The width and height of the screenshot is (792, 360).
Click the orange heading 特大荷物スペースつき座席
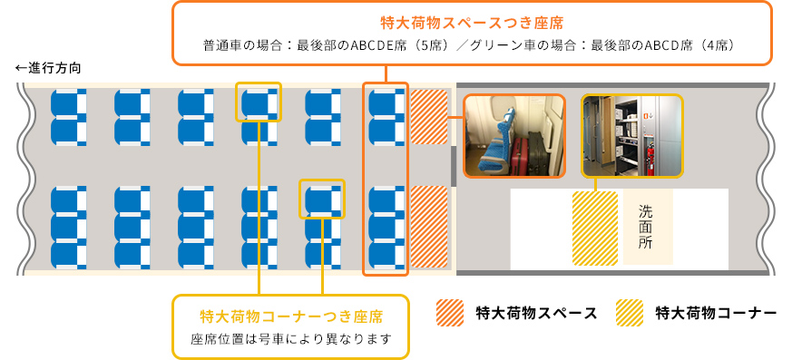click(x=472, y=24)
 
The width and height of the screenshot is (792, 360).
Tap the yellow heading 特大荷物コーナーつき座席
click(x=291, y=316)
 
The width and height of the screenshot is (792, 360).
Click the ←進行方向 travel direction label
click(x=48, y=68)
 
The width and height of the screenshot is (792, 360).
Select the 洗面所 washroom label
click(x=646, y=227)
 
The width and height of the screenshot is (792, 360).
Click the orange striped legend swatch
click(x=450, y=313)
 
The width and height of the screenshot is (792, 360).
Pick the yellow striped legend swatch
click(x=630, y=313)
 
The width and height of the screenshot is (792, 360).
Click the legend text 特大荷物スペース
click(x=536, y=313)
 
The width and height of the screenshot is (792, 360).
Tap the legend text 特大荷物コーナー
click(x=716, y=313)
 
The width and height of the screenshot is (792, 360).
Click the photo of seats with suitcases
click(x=514, y=136)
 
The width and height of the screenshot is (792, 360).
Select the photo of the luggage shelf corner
click(x=632, y=136)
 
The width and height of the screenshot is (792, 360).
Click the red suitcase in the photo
click(x=520, y=154)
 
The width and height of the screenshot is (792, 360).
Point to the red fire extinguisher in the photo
click(x=652, y=158)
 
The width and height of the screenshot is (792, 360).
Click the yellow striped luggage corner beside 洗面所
click(x=595, y=229)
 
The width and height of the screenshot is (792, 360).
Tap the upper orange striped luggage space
click(x=429, y=117)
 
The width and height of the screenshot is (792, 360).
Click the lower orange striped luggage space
click(x=429, y=227)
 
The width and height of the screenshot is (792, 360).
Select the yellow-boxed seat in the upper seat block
click(x=259, y=102)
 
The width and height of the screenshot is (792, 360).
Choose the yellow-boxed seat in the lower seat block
click(x=322, y=199)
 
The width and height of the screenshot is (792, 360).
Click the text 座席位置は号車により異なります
click(x=291, y=339)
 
